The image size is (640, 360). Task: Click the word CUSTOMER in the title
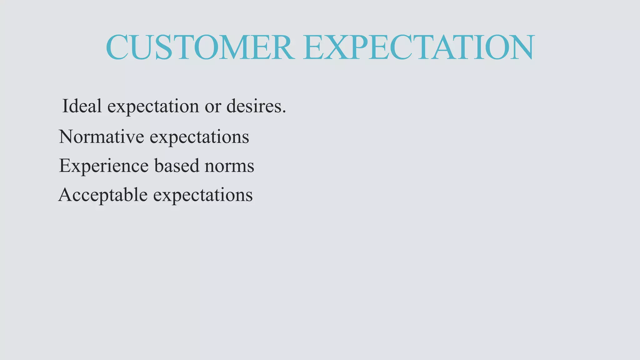tap(200, 47)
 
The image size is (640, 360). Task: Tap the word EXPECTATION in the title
tap(419, 47)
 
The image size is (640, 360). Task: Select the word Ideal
tap(82, 106)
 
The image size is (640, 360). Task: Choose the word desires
tap(253, 106)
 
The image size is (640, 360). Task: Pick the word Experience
tap(103, 166)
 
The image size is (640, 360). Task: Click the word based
tap(177, 165)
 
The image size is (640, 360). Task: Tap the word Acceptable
tap(103, 195)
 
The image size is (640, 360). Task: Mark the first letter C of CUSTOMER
tap(117, 47)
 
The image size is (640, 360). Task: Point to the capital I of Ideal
tap(65, 106)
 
